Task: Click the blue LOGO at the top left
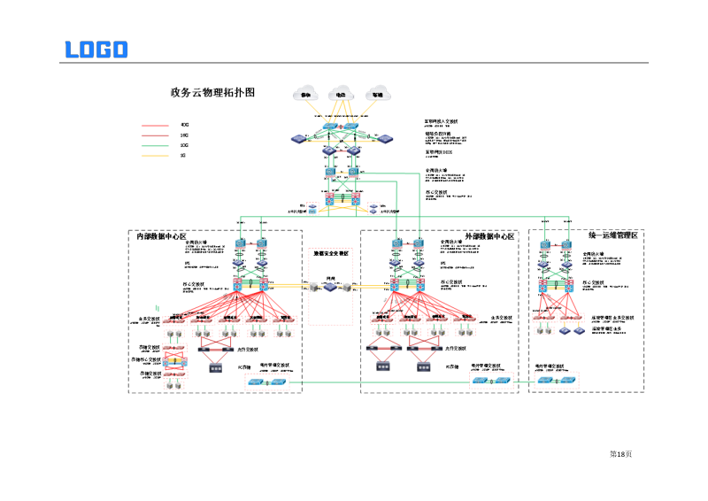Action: [96, 50]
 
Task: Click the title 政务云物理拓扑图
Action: [212, 92]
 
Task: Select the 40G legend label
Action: [184, 125]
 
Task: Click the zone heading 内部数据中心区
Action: [161, 236]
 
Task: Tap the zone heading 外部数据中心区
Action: [489, 236]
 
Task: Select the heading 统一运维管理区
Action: [612, 235]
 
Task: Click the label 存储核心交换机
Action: [149, 359]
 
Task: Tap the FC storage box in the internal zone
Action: [215, 366]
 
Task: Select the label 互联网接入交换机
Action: [442, 121]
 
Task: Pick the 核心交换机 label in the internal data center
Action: [193, 284]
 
